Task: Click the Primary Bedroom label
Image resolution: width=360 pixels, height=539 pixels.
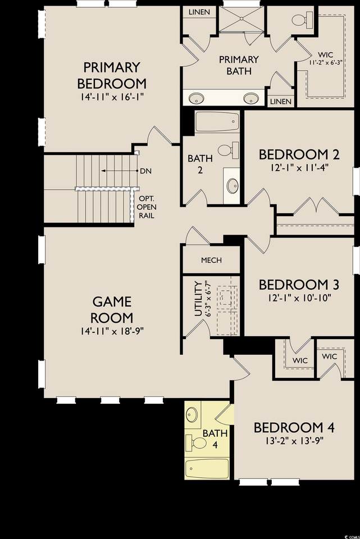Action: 112,75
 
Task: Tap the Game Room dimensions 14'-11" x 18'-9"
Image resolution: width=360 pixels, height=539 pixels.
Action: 112,331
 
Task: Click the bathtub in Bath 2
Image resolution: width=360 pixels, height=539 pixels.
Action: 217,122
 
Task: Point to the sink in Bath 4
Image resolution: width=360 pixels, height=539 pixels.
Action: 192,414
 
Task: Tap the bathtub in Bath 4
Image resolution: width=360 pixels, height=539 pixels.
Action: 207,469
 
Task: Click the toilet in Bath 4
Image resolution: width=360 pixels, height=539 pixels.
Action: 195,444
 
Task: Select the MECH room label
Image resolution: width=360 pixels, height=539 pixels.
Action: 211,260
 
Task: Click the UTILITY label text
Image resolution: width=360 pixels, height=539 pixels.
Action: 198,299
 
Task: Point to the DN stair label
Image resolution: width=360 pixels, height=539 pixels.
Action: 146,171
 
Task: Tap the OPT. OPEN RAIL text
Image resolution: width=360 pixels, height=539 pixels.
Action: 147,207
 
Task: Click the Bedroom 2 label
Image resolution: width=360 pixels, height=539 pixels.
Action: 299,154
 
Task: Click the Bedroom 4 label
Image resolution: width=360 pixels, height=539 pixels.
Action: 294,428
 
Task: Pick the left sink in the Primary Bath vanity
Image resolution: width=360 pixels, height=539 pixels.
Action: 196,98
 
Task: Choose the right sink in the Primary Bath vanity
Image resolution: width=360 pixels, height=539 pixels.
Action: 252,98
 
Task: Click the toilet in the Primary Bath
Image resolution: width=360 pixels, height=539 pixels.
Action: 302,20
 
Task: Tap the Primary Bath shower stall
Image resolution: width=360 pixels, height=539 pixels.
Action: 241,19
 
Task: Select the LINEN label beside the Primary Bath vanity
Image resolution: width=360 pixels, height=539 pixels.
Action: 281,102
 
